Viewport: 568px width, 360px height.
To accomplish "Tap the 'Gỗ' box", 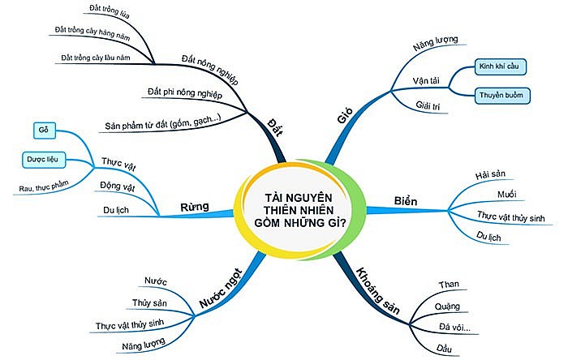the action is click(x=44, y=131).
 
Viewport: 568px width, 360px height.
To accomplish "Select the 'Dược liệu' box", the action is click(x=44, y=160).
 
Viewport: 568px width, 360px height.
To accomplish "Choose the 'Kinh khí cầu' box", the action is click(x=500, y=66).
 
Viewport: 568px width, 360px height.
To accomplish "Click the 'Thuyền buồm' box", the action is click(x=501, y=96).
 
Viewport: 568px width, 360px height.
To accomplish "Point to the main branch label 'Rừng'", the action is click(x=195, y=207).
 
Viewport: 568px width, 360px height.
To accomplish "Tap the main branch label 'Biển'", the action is click(x=406, y=201).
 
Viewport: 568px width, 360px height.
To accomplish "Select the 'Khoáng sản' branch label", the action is click(x=378, y=291).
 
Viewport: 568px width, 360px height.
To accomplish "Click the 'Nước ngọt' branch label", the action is click(x=221, y=289).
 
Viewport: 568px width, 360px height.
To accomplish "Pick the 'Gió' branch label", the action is click(x=345, y=116).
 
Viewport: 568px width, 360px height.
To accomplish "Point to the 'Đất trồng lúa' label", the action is click(x=110, y=11).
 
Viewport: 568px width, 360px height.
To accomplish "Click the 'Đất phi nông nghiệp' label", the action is click(x=185, y=92).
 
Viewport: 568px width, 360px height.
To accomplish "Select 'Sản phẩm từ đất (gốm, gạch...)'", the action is click(x=163, y=123).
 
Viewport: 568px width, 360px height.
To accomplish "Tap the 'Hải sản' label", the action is click(x=490, y=175).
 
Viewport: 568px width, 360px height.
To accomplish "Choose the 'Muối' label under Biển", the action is click(x=507, y=195).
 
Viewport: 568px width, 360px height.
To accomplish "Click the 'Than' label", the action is click(x=449, y=285).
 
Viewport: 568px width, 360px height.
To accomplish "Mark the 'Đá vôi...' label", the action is click(x=454, y=328).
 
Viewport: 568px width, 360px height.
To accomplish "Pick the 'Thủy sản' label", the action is click(x=149, y=302).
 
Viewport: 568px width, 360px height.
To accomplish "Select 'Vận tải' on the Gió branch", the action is click(x=426, y=81).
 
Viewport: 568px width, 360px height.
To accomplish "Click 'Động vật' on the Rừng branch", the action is click(x=118, y=186).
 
